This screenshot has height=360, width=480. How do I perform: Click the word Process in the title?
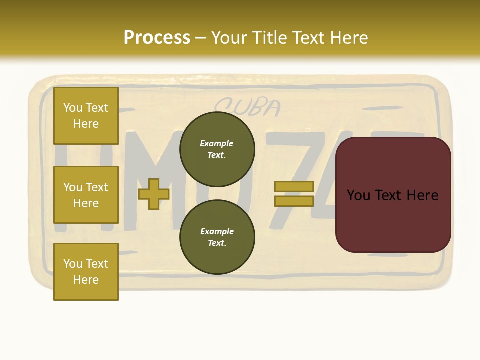157,37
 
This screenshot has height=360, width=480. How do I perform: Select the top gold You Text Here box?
86,116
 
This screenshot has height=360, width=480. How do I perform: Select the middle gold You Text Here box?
86,195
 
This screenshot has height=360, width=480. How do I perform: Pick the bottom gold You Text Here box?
86,272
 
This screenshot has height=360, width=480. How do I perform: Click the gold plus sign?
154,194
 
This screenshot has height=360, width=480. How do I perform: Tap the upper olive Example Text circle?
217,149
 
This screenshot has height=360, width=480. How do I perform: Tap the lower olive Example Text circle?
217,237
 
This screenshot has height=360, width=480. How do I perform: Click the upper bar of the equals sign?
294,187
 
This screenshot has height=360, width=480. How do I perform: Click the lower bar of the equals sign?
294,201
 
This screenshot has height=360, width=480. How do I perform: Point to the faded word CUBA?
247,107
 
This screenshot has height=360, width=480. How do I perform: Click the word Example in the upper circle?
216,143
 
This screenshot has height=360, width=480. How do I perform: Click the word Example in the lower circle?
217,231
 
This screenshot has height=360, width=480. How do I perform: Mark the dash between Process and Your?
200,38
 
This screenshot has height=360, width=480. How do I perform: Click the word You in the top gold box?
72,108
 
